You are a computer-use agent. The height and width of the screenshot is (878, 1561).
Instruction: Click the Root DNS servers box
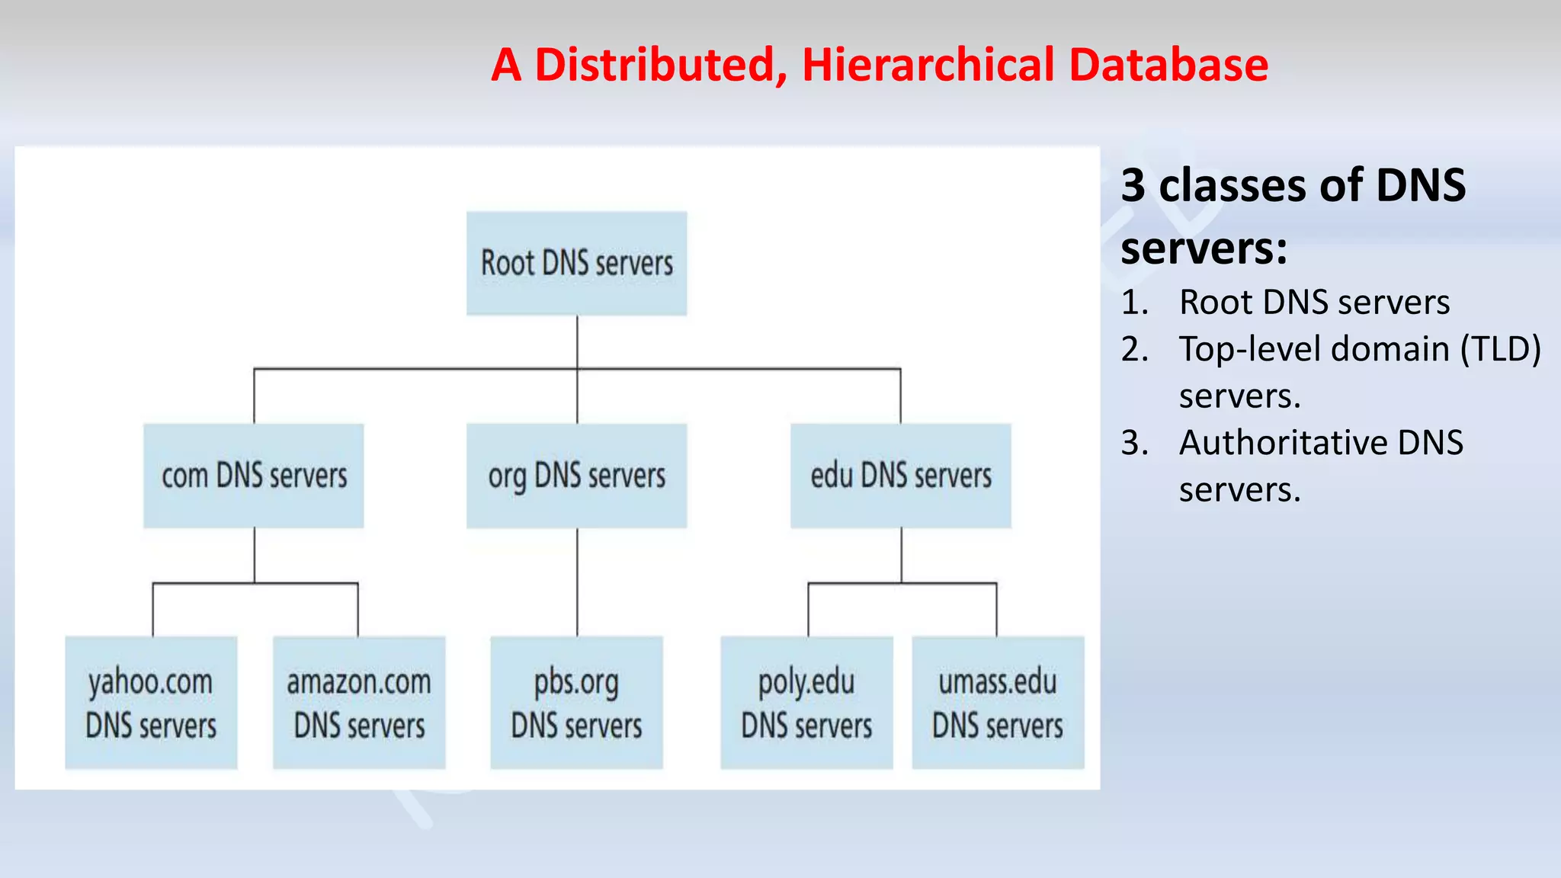(576, 264)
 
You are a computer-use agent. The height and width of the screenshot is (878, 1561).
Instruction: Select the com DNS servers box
(254, 476)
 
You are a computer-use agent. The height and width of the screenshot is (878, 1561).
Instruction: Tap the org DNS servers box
(576, 476)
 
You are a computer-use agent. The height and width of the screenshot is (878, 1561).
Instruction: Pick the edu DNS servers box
(901, 476)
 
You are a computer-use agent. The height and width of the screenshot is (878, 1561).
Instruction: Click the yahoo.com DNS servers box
(151, 703)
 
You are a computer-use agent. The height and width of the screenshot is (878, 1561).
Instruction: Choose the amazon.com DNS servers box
(359, 703)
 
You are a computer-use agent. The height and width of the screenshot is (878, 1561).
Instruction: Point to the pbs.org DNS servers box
(576, 703)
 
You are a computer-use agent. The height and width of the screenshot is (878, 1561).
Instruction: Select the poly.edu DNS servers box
(806, 703)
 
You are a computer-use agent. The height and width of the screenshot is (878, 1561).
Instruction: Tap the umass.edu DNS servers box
(998, 703)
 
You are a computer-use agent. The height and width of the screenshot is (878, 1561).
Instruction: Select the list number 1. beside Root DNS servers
(1135, 303)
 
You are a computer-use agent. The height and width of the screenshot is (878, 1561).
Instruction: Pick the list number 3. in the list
(1135, 444)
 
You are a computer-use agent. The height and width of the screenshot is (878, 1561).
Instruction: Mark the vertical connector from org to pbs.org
(577, 582)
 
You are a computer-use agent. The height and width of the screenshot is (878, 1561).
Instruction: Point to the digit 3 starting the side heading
(1133, 186)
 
